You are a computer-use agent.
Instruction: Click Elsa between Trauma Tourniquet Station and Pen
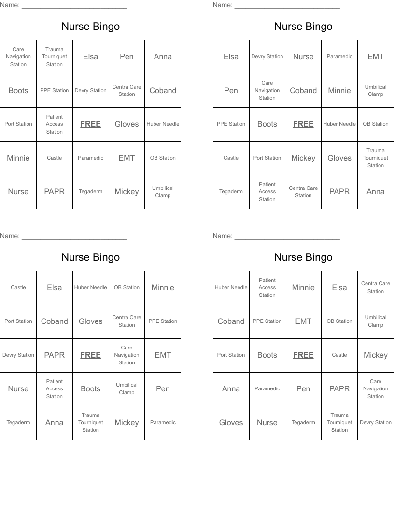(90, 57)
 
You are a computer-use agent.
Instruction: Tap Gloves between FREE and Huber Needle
(127, 124)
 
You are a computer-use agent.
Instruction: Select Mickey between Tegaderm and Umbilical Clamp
(127, 192)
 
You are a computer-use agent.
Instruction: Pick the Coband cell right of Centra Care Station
(163, 91)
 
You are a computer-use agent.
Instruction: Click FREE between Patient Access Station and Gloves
(90, 124)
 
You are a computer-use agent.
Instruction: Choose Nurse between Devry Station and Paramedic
(303, 57)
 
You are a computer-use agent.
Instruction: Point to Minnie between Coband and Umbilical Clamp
(339, 91)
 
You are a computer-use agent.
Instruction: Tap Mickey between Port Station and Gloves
(303, 158)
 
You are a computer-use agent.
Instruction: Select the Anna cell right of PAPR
(376, 192)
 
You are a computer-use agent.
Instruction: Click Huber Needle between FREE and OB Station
(339, 124)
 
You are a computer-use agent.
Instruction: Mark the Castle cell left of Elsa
(18, 288)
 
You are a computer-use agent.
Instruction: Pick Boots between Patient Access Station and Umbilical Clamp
(90, 389)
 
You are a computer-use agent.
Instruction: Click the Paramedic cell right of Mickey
(163, 423)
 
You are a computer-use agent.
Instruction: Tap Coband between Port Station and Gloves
(55, 321)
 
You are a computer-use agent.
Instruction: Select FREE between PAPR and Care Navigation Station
(90, 355)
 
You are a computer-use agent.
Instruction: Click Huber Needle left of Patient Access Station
(231, 288)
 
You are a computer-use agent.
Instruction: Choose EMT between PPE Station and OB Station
(303, 321)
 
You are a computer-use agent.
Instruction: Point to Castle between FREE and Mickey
(339, 355)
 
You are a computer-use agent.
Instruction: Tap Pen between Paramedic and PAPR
(303, 389)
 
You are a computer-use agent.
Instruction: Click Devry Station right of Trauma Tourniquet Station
(376, 423)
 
